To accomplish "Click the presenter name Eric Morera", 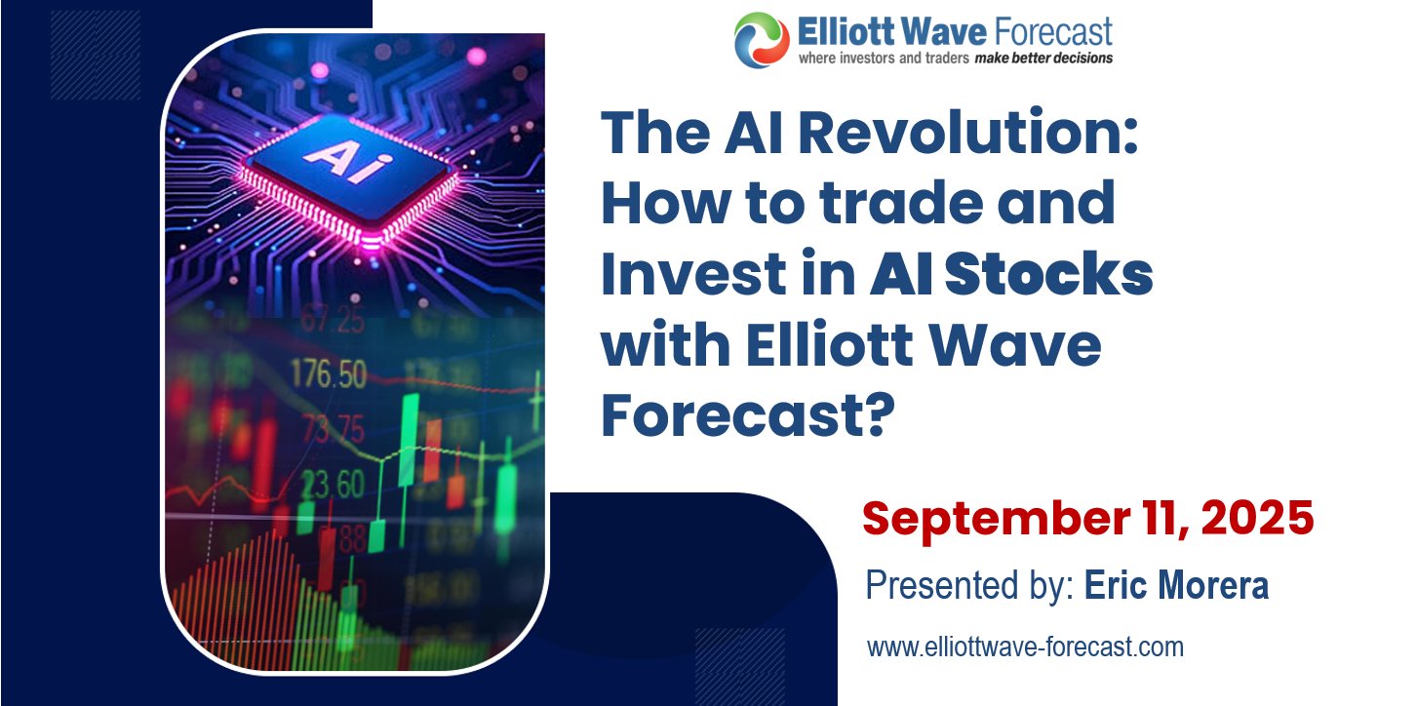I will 1176,587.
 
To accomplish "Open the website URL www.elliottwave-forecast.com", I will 1025,646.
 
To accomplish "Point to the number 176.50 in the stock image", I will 330,374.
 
